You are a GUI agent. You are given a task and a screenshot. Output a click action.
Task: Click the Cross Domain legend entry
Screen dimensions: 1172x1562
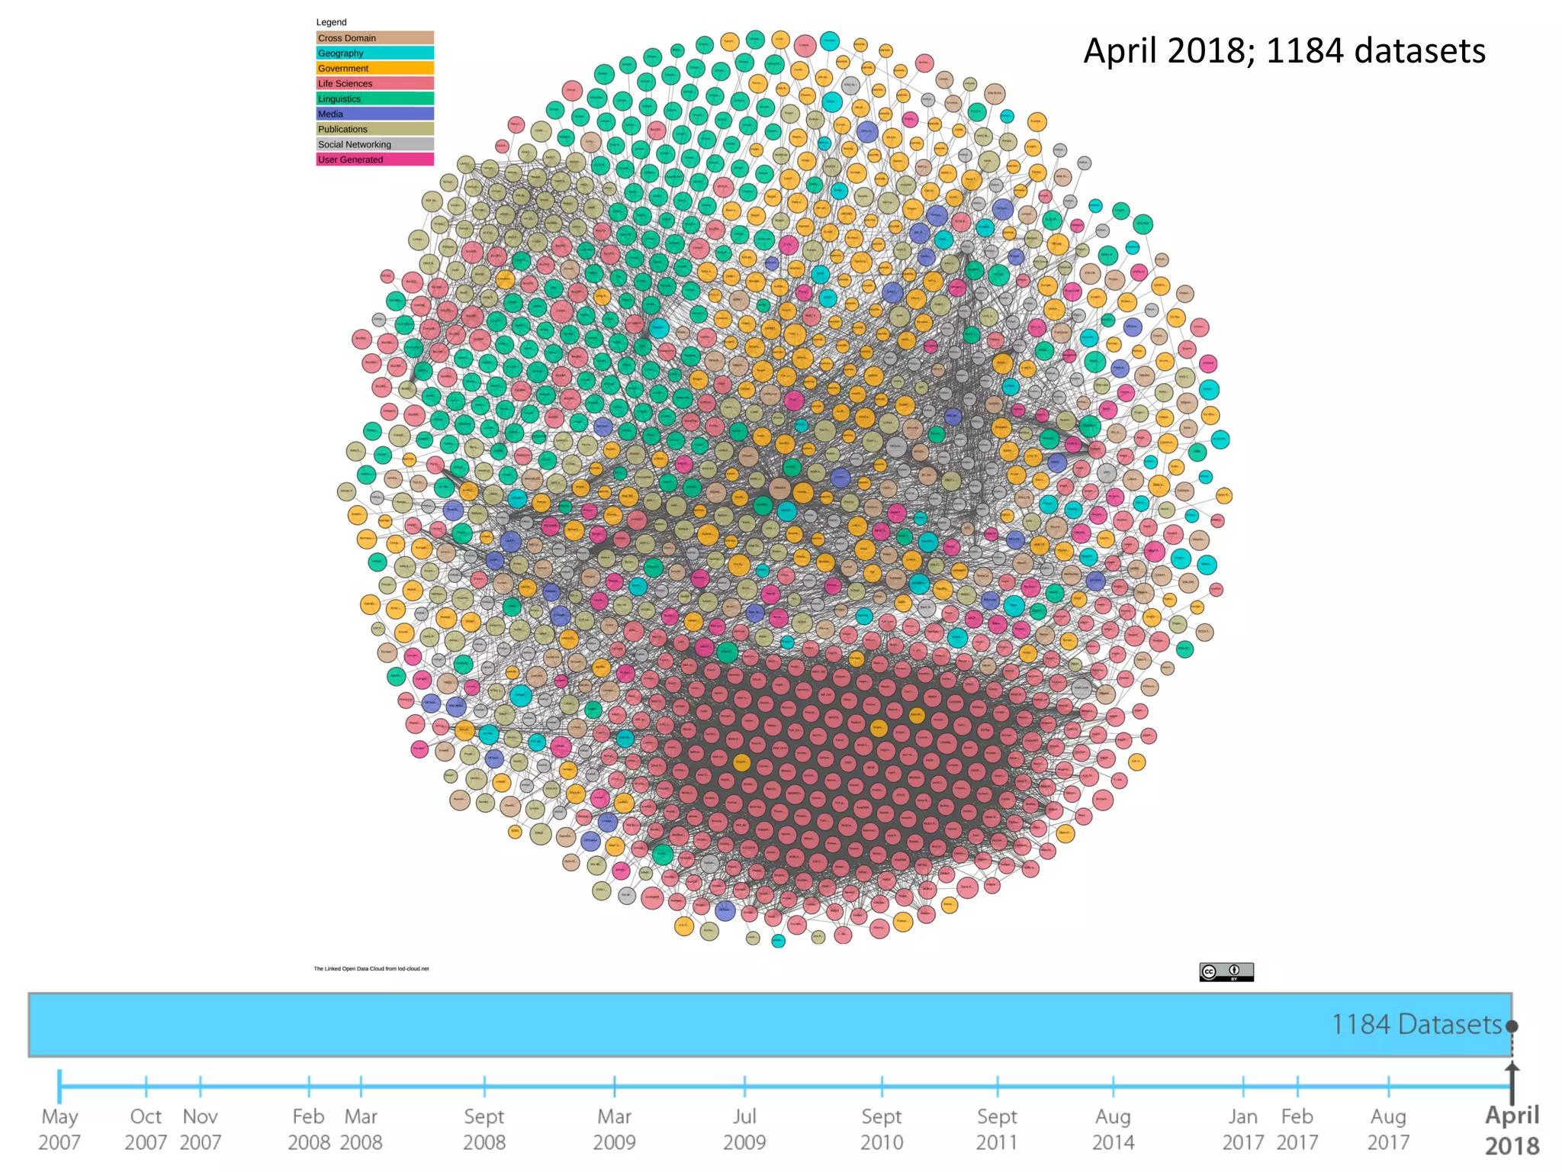(x=374, y=37)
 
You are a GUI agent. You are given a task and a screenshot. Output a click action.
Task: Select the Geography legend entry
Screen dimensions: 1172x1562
(x=374, y=53)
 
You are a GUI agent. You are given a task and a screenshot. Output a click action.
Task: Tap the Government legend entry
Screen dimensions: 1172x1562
(x=374, y=68)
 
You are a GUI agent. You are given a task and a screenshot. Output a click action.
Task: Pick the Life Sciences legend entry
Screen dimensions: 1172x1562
(x=374, y=83)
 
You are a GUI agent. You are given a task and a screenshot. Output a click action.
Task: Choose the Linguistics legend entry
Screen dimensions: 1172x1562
(x=374, y=98)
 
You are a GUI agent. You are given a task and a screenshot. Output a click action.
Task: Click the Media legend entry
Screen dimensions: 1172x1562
(x=374, y=114)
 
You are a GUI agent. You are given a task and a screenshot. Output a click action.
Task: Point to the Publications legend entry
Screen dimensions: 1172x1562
(x=374, y=129)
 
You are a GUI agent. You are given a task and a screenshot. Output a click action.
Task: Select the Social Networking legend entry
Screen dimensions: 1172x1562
(x=374, y=144)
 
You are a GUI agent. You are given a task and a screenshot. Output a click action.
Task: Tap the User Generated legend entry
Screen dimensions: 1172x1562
(x=374, y=159)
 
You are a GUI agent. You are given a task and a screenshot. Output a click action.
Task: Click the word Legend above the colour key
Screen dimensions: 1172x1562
(x=331, y=22)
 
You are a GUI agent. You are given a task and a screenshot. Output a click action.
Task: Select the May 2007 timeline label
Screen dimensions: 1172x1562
(x=59, y=1129)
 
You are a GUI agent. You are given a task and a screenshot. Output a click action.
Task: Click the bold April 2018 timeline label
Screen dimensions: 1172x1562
(x=1512, y=1130)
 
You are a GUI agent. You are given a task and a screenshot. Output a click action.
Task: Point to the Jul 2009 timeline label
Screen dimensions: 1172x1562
(x=744, y=1129)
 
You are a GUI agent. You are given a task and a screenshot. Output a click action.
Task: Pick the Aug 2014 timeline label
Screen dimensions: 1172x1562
(x=1113, y=1129)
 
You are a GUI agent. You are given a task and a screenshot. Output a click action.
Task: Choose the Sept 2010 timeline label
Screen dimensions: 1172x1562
(x=882, y=1129)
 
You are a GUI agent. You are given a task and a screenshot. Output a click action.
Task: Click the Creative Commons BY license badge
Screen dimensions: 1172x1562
(x=1226, y=971)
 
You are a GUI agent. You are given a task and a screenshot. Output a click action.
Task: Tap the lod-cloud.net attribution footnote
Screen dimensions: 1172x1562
(x=371, y=969)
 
